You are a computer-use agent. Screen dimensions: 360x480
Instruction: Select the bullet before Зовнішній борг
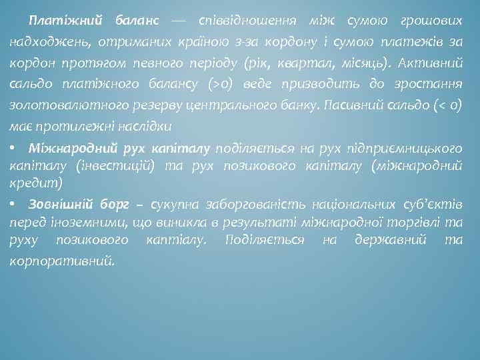coord(13,203)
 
